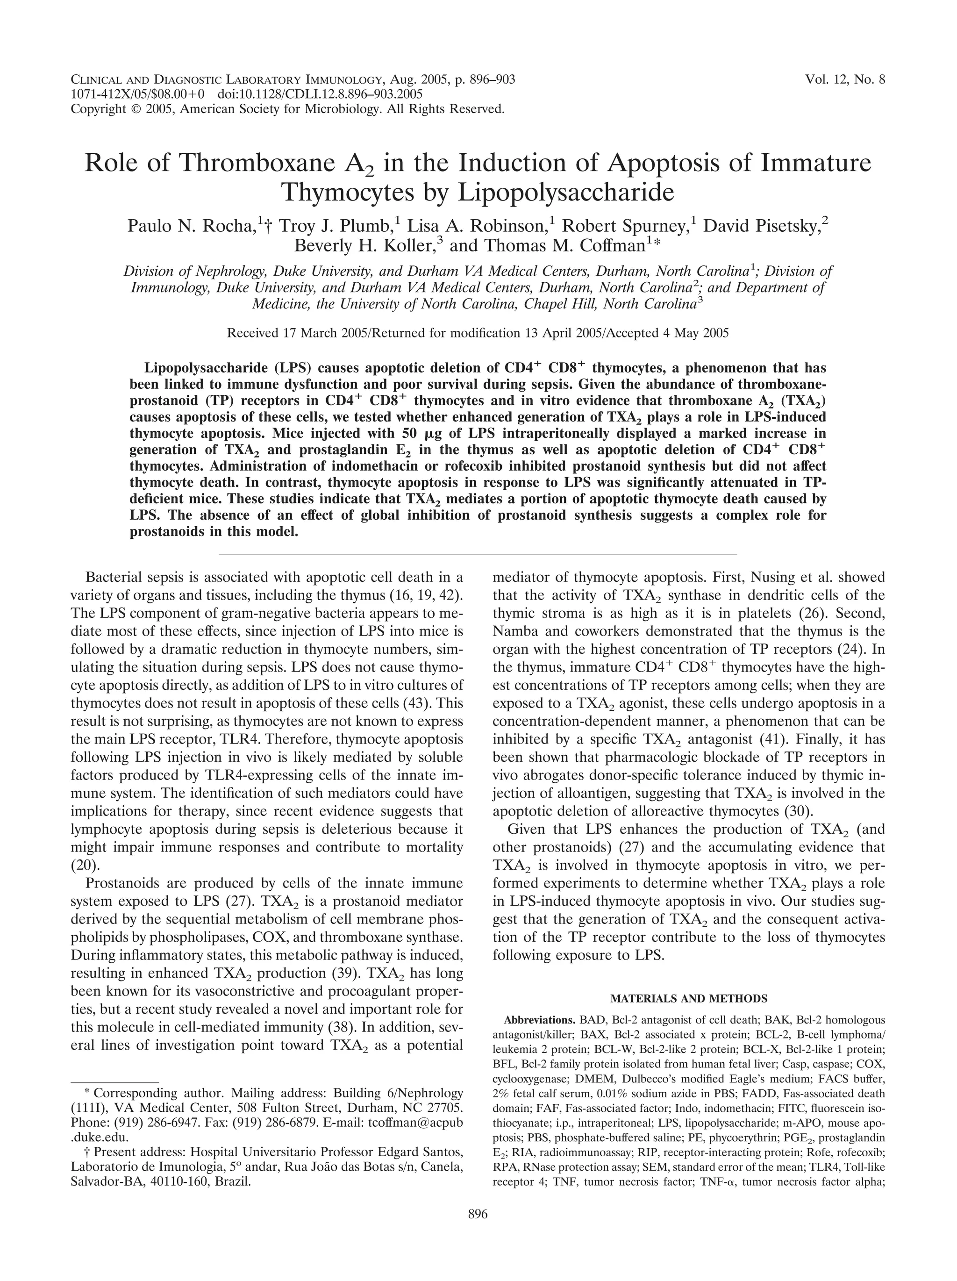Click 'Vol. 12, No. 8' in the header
(845, 80)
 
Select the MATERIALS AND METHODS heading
(688, 998)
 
